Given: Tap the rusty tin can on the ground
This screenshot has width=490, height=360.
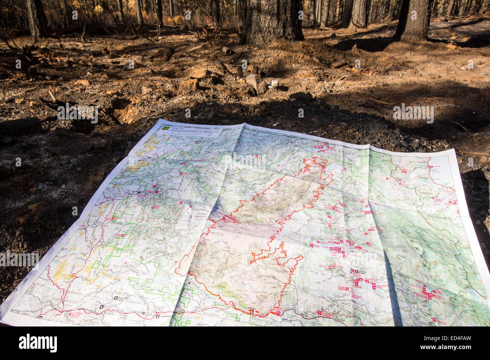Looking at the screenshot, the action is point(226,50).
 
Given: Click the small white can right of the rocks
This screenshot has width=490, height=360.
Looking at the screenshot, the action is point(274,84).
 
